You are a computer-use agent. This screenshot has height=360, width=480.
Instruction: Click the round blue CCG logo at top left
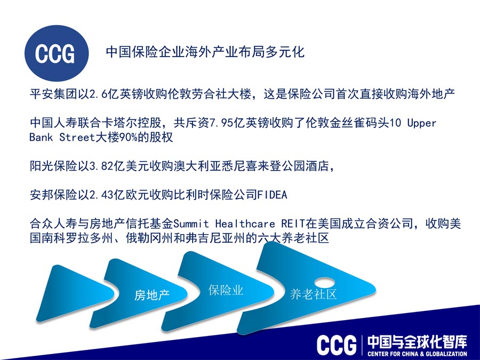pos(57,53)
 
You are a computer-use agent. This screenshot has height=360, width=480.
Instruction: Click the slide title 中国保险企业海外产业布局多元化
pos(205,52)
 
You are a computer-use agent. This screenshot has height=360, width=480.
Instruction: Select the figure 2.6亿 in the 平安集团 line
pos(104,94)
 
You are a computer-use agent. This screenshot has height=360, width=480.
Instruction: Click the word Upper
pos(421,123)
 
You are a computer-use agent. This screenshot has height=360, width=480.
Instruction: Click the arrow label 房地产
pos(151,295)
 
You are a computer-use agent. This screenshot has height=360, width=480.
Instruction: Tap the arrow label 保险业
pos(226,290)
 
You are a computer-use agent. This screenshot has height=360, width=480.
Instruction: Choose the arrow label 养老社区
pos(313,294)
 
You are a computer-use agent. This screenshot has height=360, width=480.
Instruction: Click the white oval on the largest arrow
pos(325,282)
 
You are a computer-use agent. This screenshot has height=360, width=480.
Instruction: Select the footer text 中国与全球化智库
pos(417,342)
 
